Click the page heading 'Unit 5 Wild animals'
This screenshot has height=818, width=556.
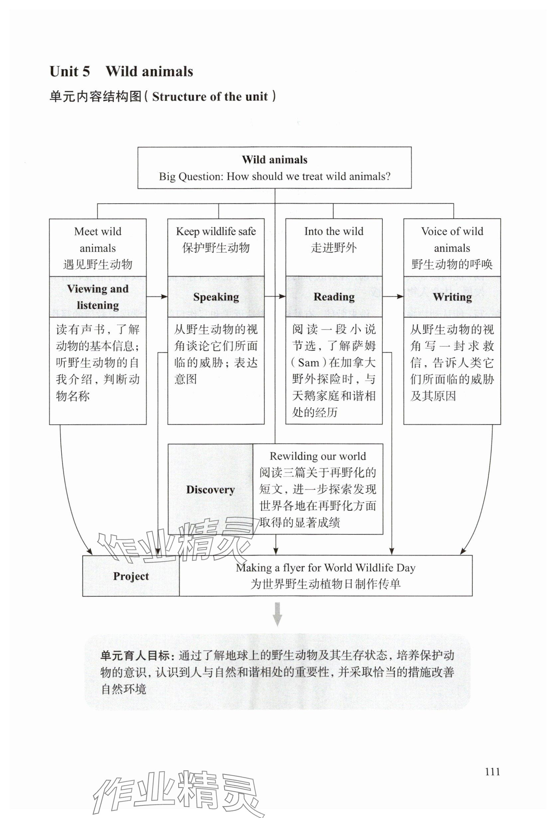(x=121, y=72)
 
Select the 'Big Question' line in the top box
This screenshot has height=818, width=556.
(x=274, y=176)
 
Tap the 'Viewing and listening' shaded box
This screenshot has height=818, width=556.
(x=98, y=297)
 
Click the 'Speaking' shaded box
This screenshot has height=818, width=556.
(x=216, y=297)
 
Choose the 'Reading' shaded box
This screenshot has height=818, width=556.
(x=334, y=297)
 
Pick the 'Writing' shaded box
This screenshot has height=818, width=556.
(x=452, y=297)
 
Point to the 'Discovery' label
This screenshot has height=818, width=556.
(x=210, y=490)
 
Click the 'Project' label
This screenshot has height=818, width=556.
(x=131, y=576)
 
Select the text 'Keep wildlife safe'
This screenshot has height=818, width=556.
(x=216, y=232)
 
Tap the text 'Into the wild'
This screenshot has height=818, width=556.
(x=334, y=232)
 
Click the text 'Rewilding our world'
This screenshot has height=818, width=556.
(x=318, y=456)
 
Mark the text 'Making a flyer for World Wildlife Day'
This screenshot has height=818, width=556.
(x=326, y=568)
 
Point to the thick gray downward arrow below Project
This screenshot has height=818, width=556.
(x=277, y=614)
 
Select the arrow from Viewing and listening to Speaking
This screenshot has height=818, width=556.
(x=157, y=297)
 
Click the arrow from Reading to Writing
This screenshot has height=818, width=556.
(x=393, y=297)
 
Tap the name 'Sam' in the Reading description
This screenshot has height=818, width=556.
(x=308, y=362)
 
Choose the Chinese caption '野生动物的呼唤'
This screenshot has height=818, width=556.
(x=452, y=264)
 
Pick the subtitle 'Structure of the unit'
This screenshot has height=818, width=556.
(x=210, y=97)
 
